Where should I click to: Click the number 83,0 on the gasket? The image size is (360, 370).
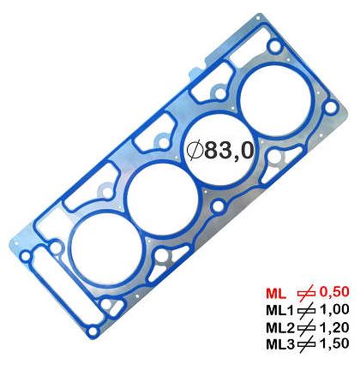pos(229,150)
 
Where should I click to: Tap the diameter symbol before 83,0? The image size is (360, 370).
pos(195,151)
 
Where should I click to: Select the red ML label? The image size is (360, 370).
pos(276,293)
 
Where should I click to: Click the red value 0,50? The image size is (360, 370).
pos(334,292)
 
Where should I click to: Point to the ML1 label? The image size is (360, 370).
pos(280,310)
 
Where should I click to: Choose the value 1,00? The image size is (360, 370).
pos(334,310)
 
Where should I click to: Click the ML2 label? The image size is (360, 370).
pos(280,328)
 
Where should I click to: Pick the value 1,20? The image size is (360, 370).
pos(334,327)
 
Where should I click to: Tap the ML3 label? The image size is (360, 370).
pos(280,344)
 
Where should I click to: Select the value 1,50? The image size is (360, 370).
pos(334,343)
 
